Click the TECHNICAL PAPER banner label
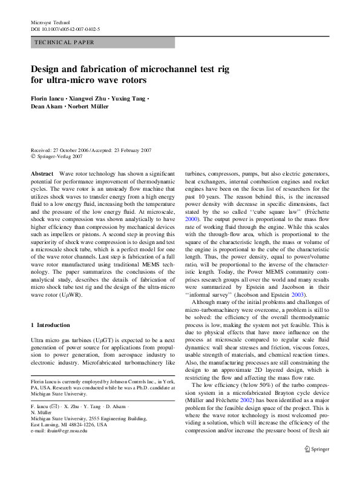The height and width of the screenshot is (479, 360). (64, 42)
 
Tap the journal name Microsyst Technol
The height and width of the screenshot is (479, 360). (50, 22)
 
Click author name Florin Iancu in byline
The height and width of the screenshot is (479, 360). (49, 97)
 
